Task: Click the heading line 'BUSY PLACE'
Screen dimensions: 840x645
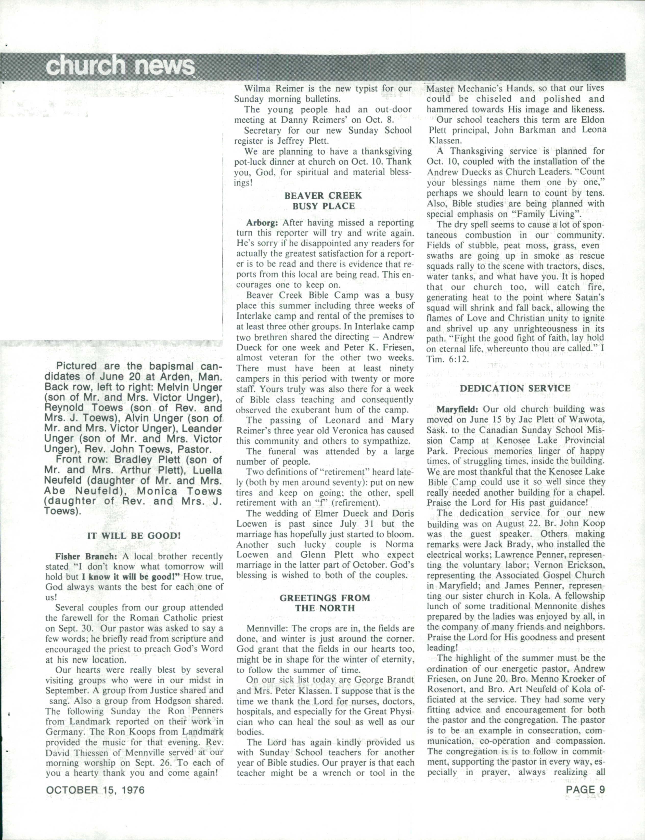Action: [324, 206]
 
